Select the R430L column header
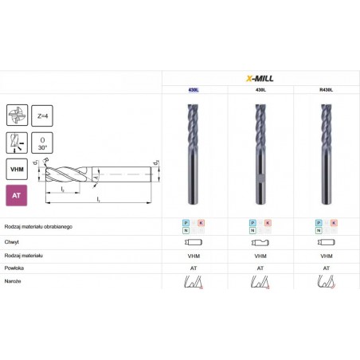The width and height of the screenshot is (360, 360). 326,91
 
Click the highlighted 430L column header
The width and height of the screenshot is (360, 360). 194,91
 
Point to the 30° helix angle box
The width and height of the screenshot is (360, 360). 43,143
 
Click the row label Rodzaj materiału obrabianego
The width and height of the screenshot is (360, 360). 37,226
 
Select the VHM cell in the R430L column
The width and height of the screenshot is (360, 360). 326,255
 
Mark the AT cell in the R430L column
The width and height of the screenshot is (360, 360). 326,268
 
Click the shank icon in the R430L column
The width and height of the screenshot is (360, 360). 326,241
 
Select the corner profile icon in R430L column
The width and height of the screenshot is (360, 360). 326,283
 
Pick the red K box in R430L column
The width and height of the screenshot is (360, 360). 333,223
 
